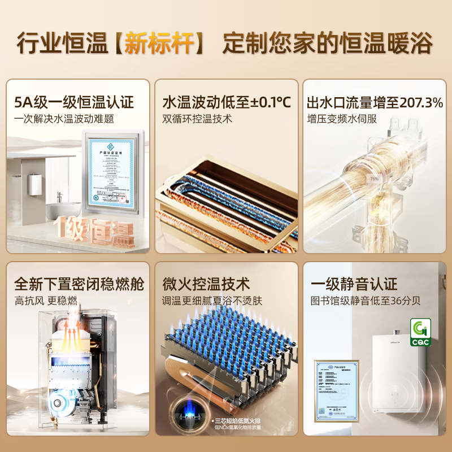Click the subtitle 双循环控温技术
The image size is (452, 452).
tap(197, 119)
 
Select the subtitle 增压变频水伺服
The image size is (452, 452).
tap(342, 119)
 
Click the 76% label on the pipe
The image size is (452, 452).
tap(373, 179)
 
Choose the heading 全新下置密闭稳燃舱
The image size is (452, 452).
tap(79, 284)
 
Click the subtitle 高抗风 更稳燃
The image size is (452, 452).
tap(46, 301)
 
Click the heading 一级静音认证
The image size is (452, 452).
tap(354, 284)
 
